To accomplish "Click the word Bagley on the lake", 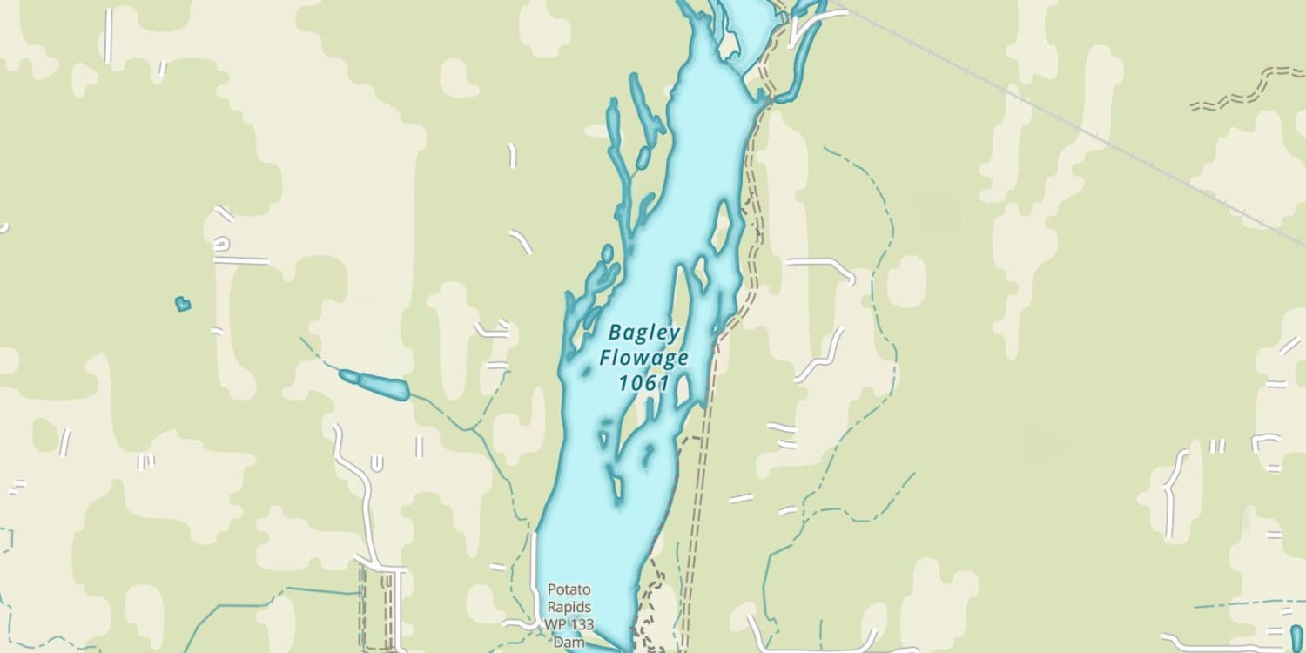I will point(644,332).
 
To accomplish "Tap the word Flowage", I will point(644,357).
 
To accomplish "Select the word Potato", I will point(569,590).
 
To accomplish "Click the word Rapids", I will point(569,607).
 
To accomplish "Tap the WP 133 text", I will point(569,623).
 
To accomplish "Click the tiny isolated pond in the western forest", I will point(182,304).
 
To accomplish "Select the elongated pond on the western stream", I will point(375,384).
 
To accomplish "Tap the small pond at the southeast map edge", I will point(1297,637).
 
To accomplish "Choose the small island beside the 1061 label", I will point(683,389).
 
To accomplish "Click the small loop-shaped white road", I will point(223,243).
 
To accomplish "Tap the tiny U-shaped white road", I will point(377,462).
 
